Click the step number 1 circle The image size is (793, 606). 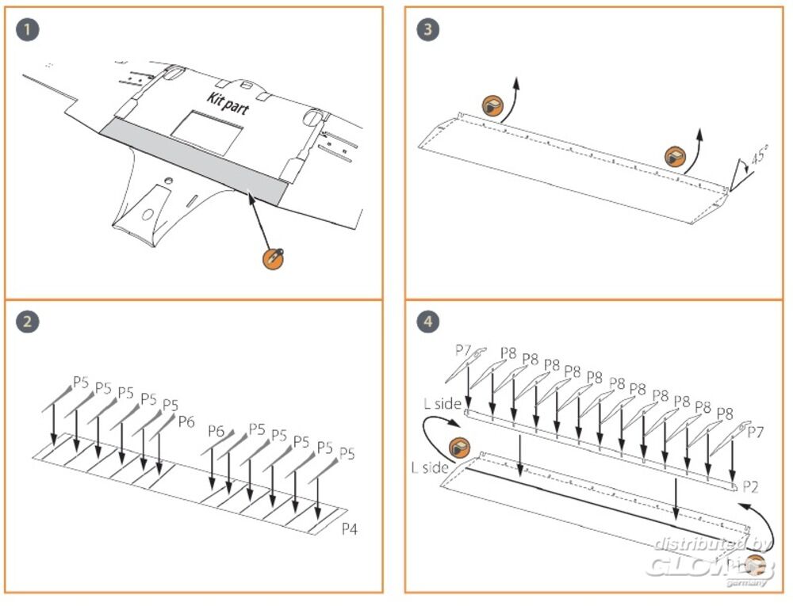pyautogui.click(x=28, y=30)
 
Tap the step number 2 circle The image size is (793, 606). pyautogui.click(x=28, y=322)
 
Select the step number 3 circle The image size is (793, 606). pyautogui.click(x=428, y=30)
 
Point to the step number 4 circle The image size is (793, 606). pyautogui.click(x=428, y=322)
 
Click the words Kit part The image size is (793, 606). pyautogui.click(x=227, y=104)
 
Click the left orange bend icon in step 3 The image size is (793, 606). pyautogui.click(x=492, y=105)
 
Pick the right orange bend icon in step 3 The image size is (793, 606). pyautogui.click(x=676, y=154)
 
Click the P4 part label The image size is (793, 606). pyautogui.click(x=349, y=529)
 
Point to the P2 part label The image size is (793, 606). pyautogui.click(x=750, y=487)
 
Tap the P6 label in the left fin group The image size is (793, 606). pyautogui.click(x=186, y=421)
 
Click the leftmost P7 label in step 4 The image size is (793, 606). pyautogui.click(x=464, y=349)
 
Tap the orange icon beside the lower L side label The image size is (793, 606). pyautogui.click(x=459, y=448)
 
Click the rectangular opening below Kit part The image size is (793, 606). pyautogui.click(x=202, y=128)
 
